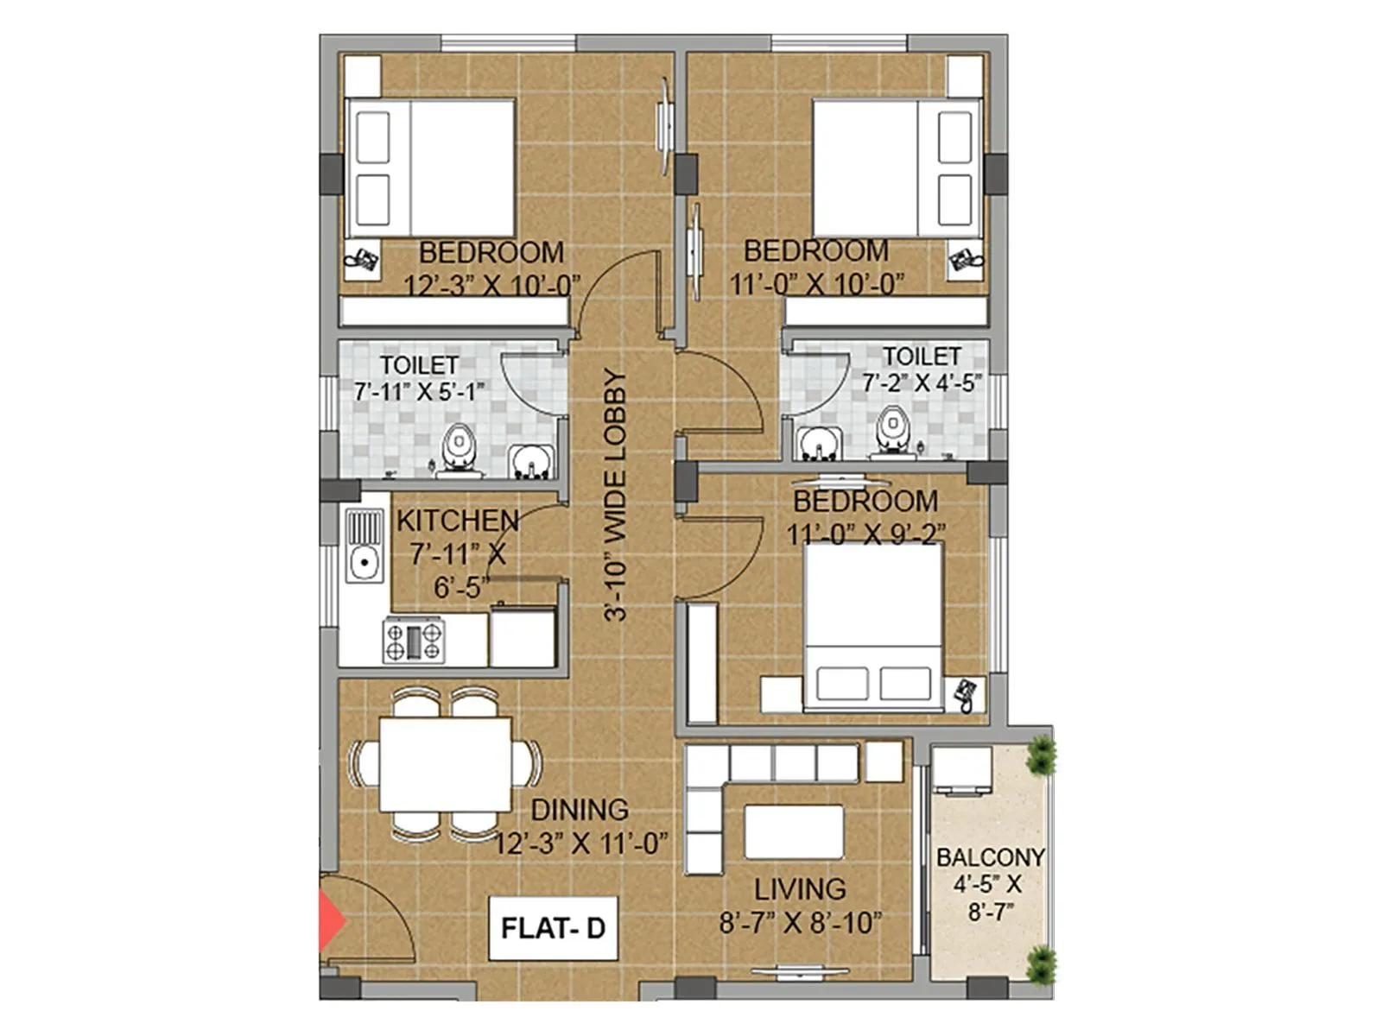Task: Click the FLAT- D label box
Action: (553, 928)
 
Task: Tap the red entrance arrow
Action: (330, 922)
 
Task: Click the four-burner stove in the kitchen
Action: (414, 641)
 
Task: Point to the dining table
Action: (446, 764)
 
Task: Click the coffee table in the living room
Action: (794, 831)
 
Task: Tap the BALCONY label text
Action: (990, 857)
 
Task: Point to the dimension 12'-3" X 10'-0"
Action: (491, 285)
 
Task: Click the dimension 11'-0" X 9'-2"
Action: (865, 534)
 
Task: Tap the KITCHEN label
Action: (457, 521)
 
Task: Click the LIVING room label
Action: (800, 889)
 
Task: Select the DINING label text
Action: (579, 810)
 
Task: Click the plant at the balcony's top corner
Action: (1042, 755)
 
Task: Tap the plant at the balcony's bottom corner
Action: (1042, 963)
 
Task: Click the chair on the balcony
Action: (961, 770)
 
